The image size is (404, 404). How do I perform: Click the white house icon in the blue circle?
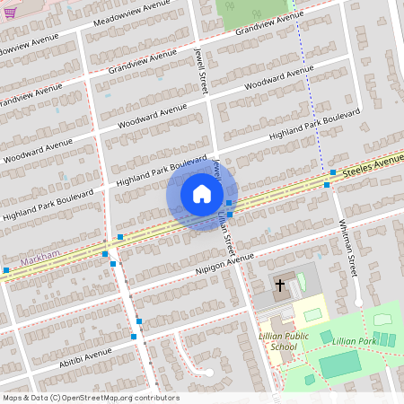[x=201, y=193]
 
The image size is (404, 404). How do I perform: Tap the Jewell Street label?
[x=203, y=64]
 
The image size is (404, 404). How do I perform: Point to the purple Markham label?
[x=42, y=255]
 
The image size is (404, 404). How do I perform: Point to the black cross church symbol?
[x=279, y=285]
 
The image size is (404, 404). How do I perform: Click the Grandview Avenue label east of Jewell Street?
[x=269, y=24]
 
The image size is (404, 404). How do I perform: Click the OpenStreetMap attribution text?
[x=91, y=398]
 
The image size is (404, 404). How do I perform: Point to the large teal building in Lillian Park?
[x=339, y=364]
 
